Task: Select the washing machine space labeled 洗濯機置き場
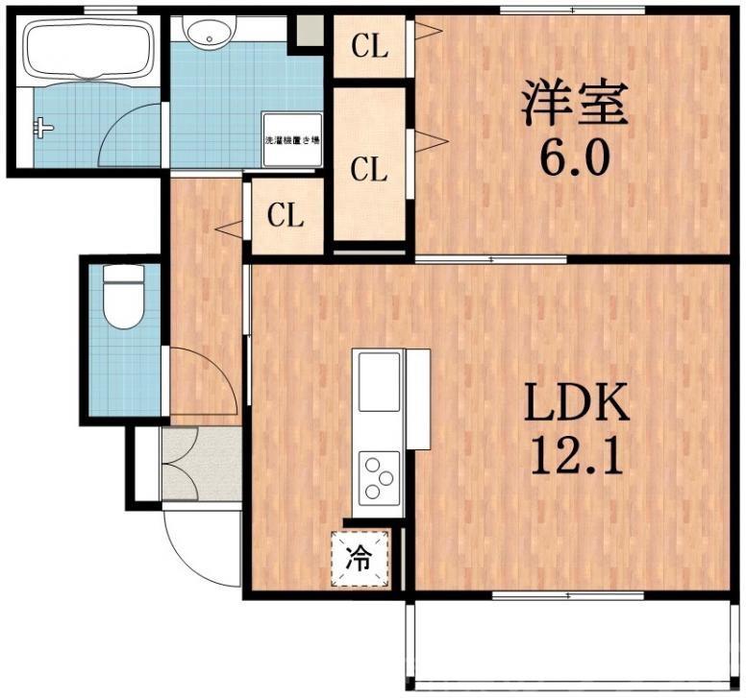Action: pyautogui.click(x=292, y=141)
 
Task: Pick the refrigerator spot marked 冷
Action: pyautogui.click(x=361, y=560)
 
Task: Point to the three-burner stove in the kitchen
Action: pyautogui.click(x=379, y=477)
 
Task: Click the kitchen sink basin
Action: pyautogui.click(x=379, y=381)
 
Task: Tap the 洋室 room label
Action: pyautogui.click(x=574, y=103)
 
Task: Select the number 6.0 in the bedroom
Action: pyautogui.click(x=574, y=159)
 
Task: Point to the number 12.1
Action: pyautogui.click(x=575, y=458)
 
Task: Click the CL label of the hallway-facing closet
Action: pyautogui.click(x=286, y=216)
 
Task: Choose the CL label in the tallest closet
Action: pyautogui.click(x=368, y=171)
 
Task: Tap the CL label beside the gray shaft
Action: pyautogui.click(x=368, y=47)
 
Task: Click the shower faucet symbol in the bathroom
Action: pyautogui.click(x=42, y=125)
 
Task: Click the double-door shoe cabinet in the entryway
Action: pyautogui.click(x=200, y=465)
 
